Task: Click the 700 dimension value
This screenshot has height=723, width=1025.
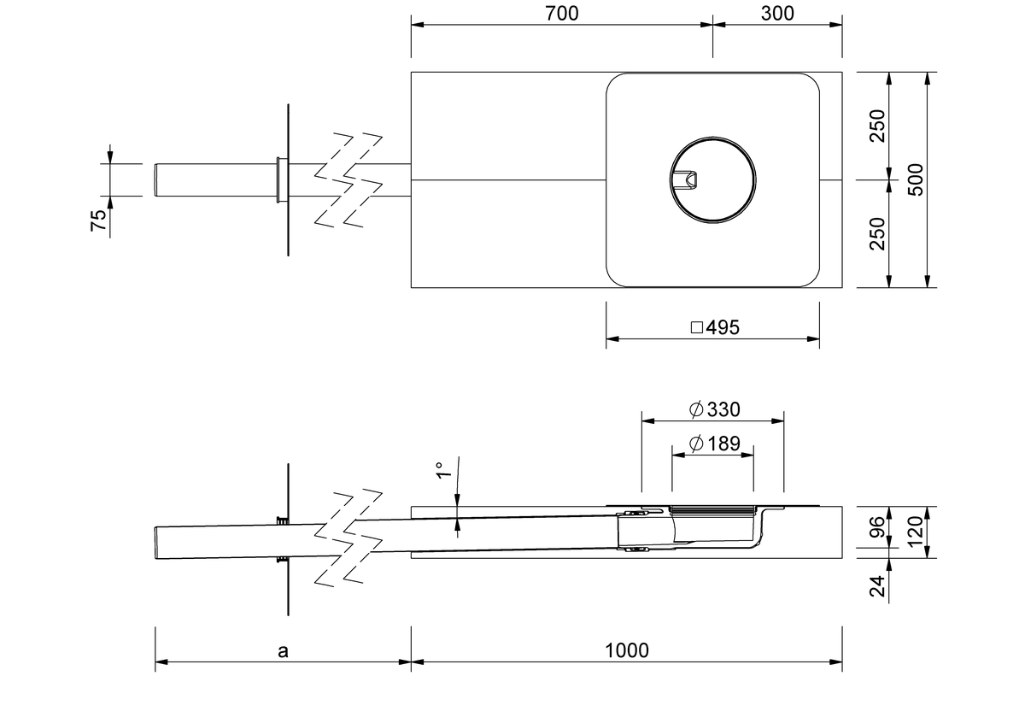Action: click(561, 14)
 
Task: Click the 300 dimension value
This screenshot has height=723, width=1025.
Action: click(777, 14)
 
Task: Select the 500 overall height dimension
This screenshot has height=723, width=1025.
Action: click(916, 179)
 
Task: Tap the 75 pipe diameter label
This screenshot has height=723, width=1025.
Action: click(98, 220)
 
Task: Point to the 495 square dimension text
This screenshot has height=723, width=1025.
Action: click(723, 327)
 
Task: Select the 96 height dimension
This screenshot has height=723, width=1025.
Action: click(877, 526)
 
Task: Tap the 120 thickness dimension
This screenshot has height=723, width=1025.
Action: click(916, 532)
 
